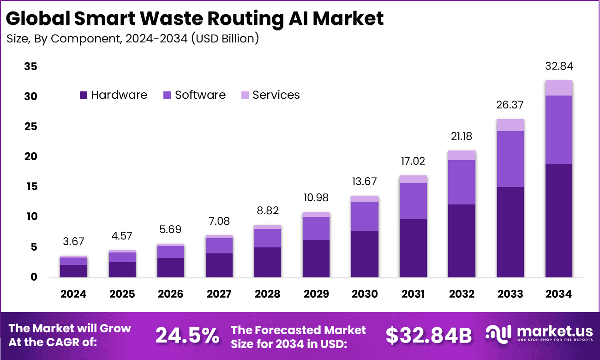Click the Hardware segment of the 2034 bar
(x=558, y=221)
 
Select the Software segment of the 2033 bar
(x=510, y=159)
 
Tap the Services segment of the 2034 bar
(x=558, y=88)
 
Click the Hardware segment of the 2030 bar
(x=365, y=254)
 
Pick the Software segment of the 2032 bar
(x=462, y=182)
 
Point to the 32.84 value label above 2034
(x=558, y=66)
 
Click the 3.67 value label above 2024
(x=73, y=241)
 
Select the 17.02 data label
(x=413, y=161)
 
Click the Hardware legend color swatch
(x=84, y=95)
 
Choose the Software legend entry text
(x=200, y=95)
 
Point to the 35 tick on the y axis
(x=30, y=66)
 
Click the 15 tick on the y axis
(x=30, y=187)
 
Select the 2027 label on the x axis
(x=219, y=294)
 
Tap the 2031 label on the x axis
(x=413, y=294)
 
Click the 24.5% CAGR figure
(x=187, y=336)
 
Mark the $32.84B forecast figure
(x=429, y=336)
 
